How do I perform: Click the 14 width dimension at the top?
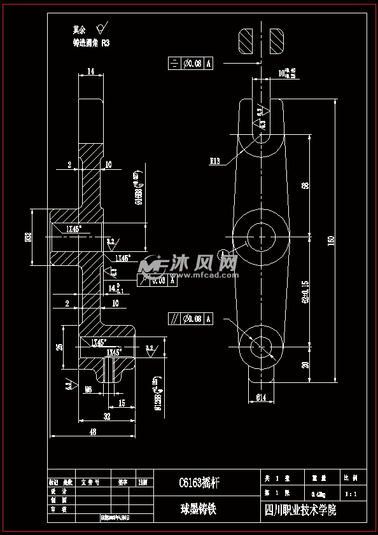point(91,72)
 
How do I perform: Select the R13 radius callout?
point(214,162)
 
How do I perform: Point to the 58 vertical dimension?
point(305,185)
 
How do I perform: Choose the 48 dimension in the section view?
point(92,432)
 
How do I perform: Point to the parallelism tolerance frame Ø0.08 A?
point(190,319)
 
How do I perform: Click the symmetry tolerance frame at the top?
point(190,63)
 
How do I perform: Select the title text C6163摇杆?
point(199,482)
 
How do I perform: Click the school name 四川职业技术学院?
point(300,510)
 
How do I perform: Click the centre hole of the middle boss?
point(260,235)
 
